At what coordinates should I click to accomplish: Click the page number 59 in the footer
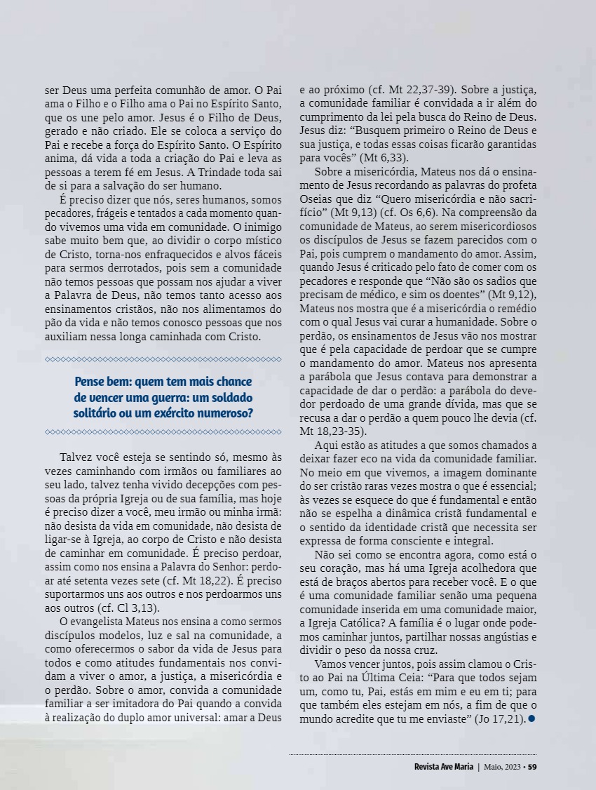click(x=532, y=766)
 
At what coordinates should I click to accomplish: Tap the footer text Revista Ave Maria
click(x=443, y=766)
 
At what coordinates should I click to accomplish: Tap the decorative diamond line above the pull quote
click(x=163, y=359)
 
